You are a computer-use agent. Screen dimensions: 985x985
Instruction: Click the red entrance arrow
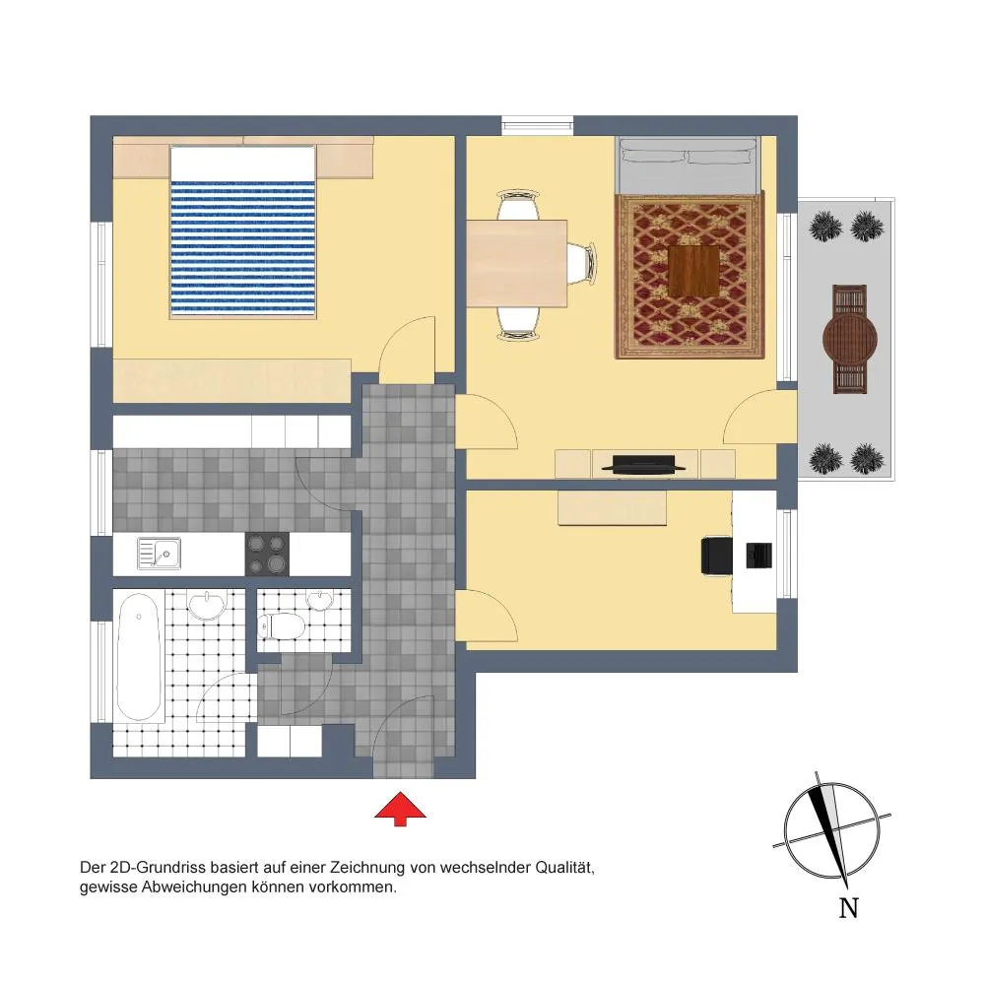pos(400,809)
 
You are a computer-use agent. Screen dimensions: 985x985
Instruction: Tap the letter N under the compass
pos(849,908)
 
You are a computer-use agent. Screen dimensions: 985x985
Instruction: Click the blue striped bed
pos(242,233)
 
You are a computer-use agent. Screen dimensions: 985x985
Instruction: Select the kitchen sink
pos(159,554)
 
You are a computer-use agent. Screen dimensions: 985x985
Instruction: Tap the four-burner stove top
pos(267,554)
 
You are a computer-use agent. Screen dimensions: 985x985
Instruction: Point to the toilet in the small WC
pos(282,625)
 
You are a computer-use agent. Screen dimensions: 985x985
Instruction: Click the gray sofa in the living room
pos(689,164)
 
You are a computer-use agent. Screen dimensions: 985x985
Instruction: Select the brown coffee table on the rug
pos(693,272)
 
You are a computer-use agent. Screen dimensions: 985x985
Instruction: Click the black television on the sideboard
pos(643,464)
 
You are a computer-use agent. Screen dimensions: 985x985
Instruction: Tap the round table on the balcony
pos(850,339)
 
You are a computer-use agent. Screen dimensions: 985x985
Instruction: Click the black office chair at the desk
pos(717,556)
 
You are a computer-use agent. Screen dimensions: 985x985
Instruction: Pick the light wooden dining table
pos(517,263)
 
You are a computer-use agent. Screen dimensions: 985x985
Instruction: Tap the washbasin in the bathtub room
pos(207,606)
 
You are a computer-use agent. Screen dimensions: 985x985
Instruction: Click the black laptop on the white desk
pos(758,556)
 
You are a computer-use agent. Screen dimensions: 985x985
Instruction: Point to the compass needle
pos(831,829)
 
